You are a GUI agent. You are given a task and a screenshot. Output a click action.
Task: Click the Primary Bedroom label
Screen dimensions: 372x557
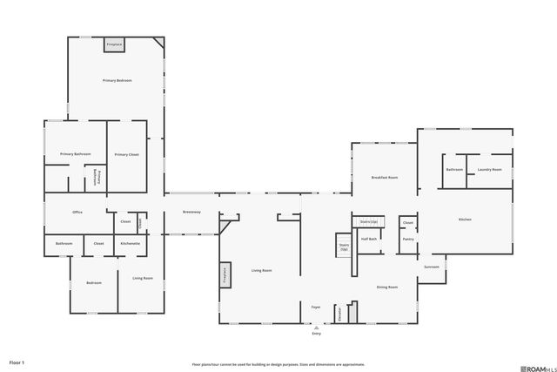tap(117, 80)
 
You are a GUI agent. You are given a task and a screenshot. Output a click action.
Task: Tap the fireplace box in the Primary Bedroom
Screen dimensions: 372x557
tap(114, 44)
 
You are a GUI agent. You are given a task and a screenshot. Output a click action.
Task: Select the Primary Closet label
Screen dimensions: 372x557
tap(126, 154)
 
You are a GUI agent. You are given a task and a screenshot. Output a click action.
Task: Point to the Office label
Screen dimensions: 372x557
tap(77, 212)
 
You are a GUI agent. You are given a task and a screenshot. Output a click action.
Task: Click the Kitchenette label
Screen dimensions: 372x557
tap(131, 243)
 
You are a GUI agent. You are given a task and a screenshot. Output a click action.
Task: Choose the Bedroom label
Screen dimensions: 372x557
tap(93, 282)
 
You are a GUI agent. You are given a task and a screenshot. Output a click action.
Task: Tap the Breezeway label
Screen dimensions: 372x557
tap(191, 212)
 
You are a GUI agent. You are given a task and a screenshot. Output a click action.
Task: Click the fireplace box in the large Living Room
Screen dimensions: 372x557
tap(224, 274)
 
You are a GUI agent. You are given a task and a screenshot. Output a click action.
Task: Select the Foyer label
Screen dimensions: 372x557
tap(317, 307)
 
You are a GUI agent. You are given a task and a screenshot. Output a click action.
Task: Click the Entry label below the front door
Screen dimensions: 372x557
tap(317, 333)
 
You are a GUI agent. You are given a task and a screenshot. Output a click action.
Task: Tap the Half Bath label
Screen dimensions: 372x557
tap(368, 239)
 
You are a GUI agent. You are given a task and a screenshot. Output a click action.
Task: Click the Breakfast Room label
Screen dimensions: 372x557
tap(384, 177)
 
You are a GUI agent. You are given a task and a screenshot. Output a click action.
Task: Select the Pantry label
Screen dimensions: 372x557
tap(407, 239)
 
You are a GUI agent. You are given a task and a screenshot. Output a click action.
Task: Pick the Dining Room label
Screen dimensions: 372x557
tap(387, 287)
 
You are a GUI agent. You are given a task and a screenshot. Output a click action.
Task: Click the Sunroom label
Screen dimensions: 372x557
tap(432, 267)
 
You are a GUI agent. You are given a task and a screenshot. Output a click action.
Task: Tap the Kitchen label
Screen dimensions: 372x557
tap(465, 220)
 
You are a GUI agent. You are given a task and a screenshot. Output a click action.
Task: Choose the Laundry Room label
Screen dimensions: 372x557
tap(489, 169)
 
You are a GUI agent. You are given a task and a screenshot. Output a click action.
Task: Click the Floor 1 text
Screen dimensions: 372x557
tap(17, 362)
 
